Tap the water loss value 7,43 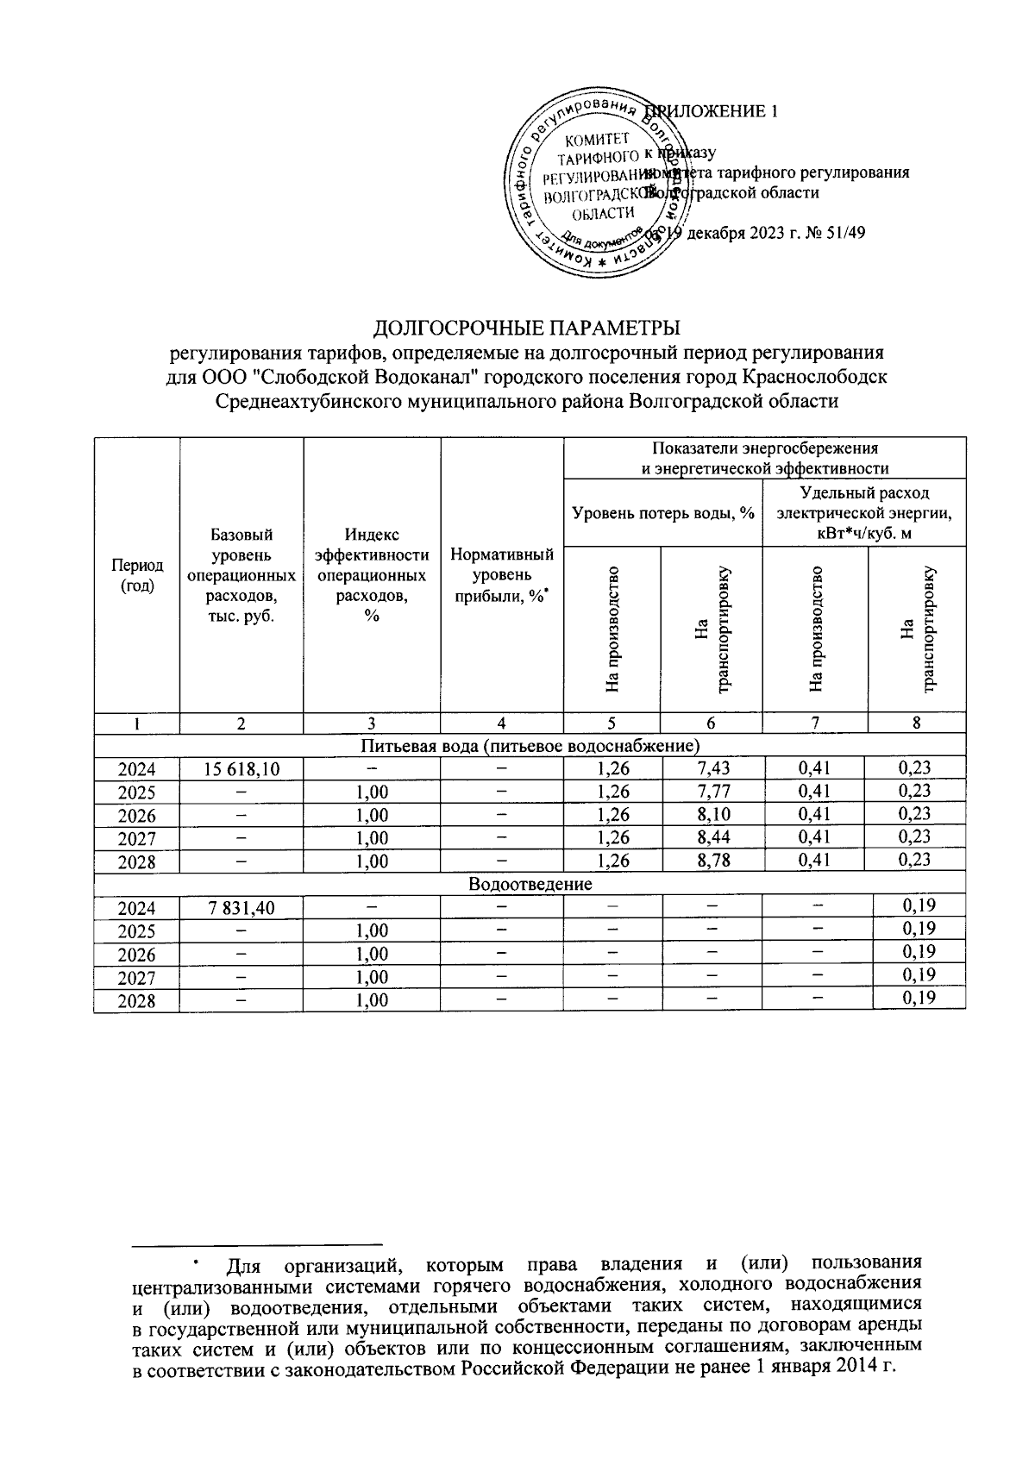(x=712, y=768)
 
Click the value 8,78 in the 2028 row (x=712, y=861)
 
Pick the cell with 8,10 (x=712, y=815)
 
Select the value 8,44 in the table (x=712, y=837)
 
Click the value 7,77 (x=712, y=792)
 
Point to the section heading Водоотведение (x=530, y=884)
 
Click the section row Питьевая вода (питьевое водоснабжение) (x=530, y=744)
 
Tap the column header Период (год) (x=137, y=575)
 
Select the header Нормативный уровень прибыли (x=502, y=575)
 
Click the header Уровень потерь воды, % (x=662, y=513)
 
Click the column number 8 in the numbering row (x=916, y=723)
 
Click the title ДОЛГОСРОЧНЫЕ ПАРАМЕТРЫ (x=526, y=329)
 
